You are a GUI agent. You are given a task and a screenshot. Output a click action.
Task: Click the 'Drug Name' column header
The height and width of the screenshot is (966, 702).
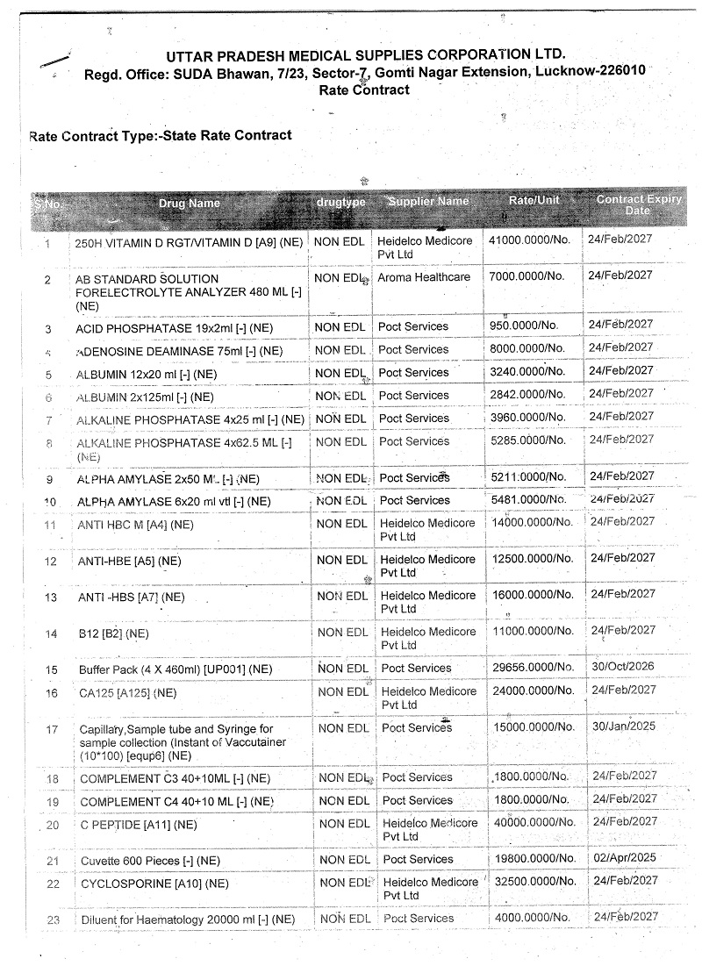click(x=189, y=204)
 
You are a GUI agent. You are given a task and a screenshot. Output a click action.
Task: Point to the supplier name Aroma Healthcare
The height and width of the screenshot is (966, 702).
click(x=424, y=277)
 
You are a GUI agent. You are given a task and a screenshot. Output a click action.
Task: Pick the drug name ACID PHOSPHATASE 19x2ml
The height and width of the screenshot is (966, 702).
click(x=161, y=328)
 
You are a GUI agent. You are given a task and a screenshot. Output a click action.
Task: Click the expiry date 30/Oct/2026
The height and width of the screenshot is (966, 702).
click(x=622, y=667)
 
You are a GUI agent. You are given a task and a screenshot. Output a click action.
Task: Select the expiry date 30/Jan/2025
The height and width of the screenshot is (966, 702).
click(x=622, y=726)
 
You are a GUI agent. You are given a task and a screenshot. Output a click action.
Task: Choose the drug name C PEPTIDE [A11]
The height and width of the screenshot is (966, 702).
click(x=138, y=825)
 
